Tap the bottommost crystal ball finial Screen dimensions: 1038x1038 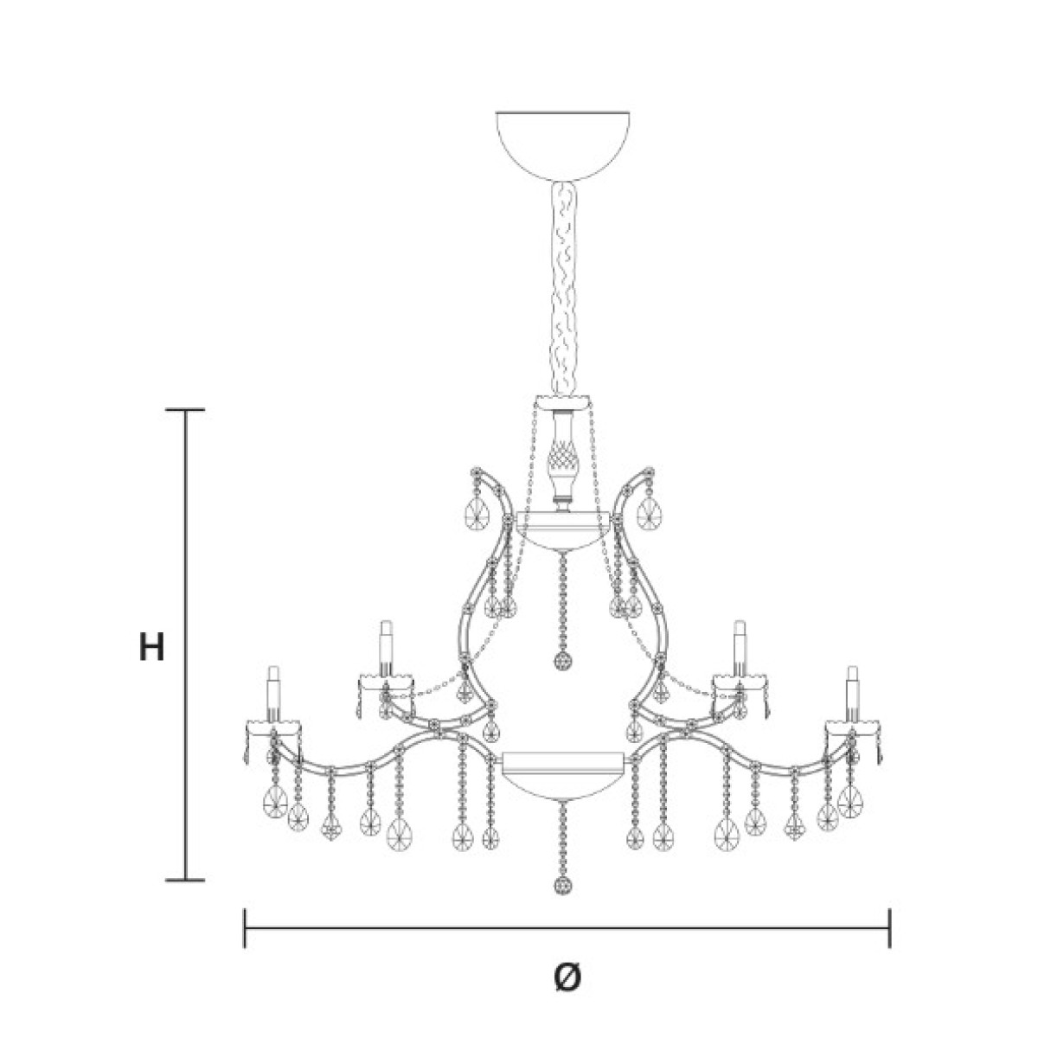pyautogui.click(x=562, y=885)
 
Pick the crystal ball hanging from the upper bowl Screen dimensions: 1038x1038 pyautogui.click(x=563, y=661)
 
